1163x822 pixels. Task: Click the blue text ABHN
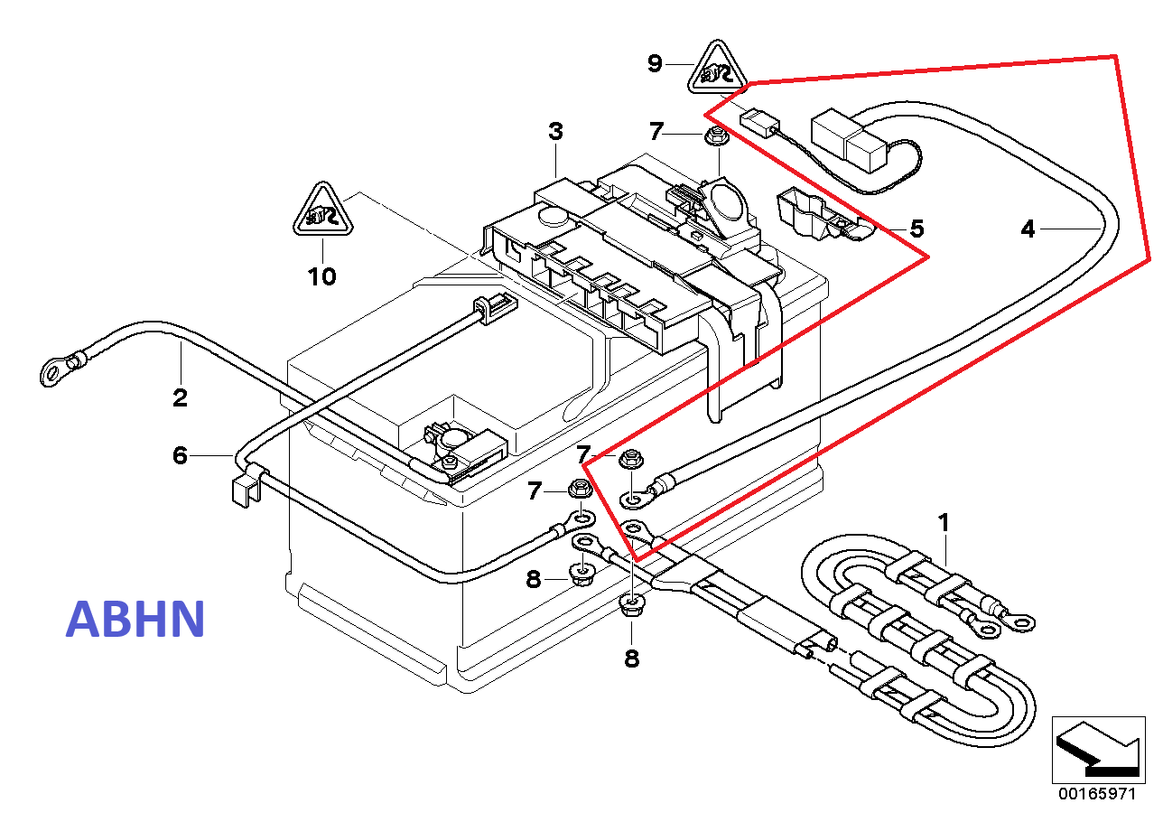coord(135,619)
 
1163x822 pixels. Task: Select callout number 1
coord(944,522)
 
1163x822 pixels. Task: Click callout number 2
coord(180,397)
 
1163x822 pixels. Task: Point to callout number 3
coord(555,131)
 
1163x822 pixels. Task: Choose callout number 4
coord(1028,229)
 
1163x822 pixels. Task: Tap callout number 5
coord(916,229)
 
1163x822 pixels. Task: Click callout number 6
coord(180,455)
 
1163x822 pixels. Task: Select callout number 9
coord(655,64)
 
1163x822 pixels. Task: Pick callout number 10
coord(321,276)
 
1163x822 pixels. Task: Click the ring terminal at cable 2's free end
coord(53,370)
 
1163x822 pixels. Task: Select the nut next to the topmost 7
coord(717,136)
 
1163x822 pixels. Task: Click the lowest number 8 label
coord(631,659)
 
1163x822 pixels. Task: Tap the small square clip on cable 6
coord(245,490)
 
